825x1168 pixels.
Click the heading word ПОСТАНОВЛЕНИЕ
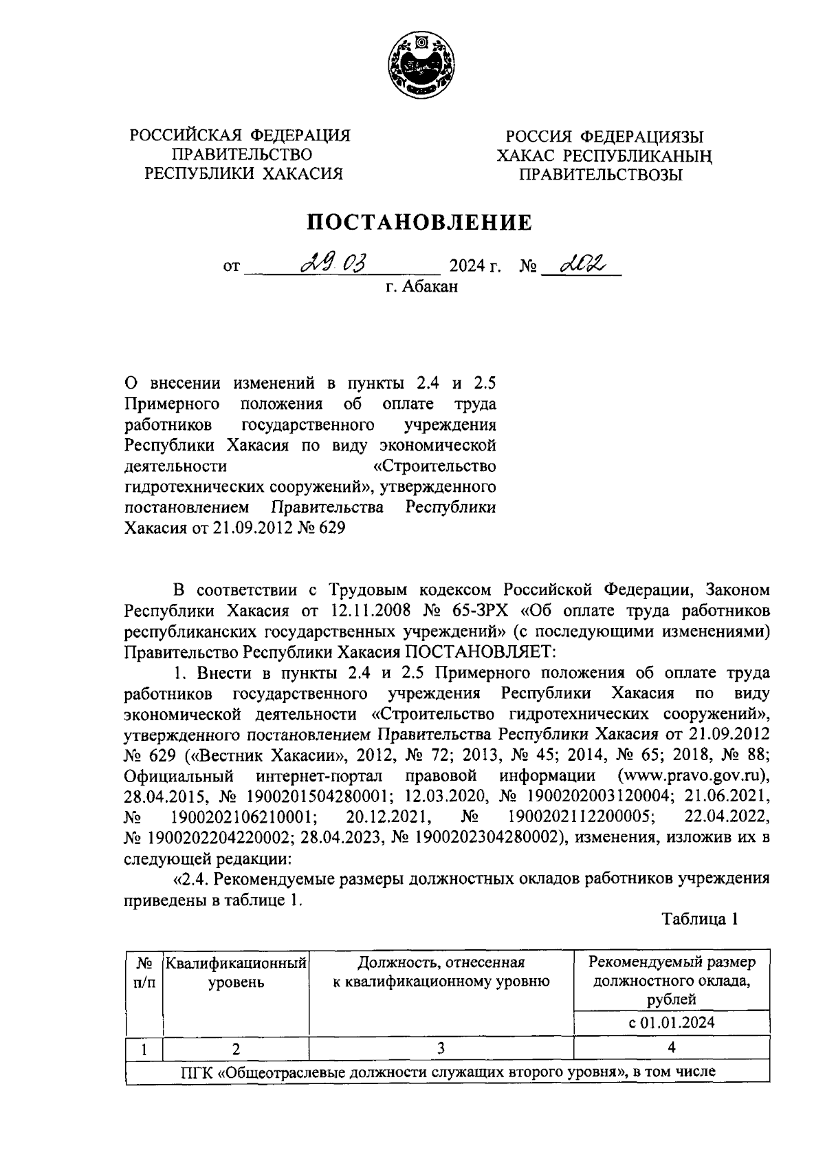[419, 222]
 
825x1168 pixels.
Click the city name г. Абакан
[421, 286]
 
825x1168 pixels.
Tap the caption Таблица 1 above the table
[700, 920]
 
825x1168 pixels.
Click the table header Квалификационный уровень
[236, 972]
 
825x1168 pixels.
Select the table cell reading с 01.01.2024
[671, 1022]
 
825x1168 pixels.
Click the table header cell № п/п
[144, 972]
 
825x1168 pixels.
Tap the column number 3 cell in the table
[440, 1048]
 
